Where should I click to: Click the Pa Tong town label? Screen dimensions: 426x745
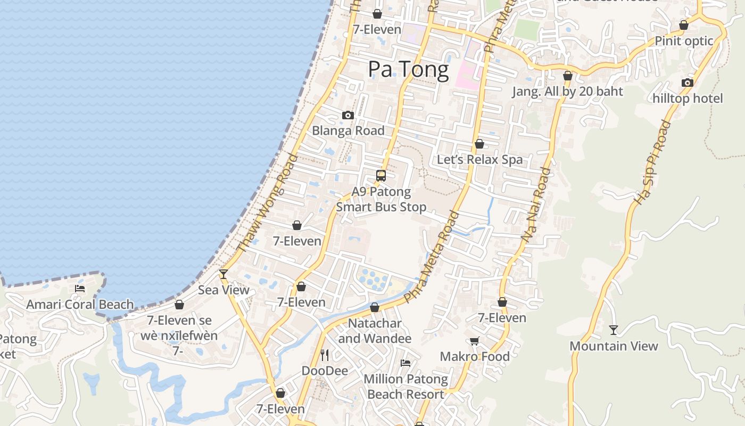tap(408, 70)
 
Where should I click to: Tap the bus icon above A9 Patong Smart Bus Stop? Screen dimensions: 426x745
tap(381, 175)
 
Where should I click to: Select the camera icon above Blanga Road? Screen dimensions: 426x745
tap(348, 115)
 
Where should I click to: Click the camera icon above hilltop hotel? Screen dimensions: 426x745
tap(688, 83)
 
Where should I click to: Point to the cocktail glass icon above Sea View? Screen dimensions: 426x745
tap(223, 274)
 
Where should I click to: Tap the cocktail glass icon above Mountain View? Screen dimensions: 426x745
tap(614, 330)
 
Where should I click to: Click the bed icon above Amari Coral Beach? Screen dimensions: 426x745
tap(80, 289)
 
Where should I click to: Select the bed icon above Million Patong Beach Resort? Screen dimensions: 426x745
tap(405, 363)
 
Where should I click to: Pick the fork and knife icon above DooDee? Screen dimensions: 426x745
tap(325, 355)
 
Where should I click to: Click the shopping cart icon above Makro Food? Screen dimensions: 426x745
tap(474, 341)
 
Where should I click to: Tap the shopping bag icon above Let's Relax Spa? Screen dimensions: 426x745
tap(479, 144)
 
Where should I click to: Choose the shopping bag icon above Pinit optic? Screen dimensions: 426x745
tap(684, 25)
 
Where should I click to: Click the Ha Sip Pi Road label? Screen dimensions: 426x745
tap(652, 163)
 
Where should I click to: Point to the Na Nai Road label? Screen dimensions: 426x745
tap(536, 205)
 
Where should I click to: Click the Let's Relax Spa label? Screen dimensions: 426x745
tap(479, 160)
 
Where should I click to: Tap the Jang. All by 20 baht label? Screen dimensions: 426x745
tap(567, 92)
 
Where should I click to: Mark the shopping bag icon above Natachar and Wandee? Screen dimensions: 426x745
tap(375, 307)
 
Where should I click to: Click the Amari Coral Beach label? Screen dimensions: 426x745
tap(80, 305)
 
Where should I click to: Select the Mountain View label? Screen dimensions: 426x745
tap(614, 346)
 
